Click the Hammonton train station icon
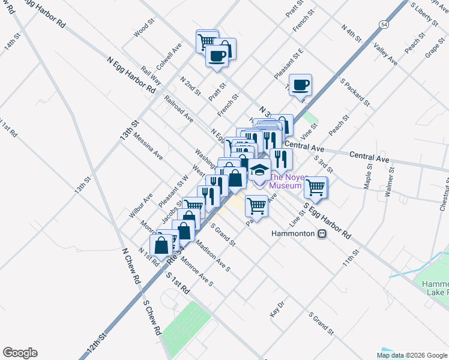click(322, 233)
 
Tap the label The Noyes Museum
click(285, 181)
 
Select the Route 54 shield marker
click(383, 23)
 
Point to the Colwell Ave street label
click(170, 55)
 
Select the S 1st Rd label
click(178, 282)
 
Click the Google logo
click(20, 353)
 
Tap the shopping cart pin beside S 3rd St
click(316, 187)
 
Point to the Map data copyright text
click(411, 355)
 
